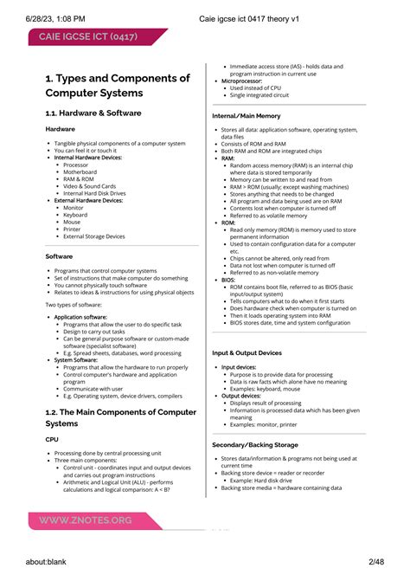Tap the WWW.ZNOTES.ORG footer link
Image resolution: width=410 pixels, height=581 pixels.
point(85,520)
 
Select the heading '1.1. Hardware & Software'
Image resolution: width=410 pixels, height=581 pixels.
point(93,113)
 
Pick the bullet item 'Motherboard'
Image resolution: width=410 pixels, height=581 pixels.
point(80,171)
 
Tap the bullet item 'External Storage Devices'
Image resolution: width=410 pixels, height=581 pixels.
point(93,236)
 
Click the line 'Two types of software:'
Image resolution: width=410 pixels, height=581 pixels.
point(74,305)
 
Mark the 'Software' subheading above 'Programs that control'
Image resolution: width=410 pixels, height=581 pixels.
point(59,256)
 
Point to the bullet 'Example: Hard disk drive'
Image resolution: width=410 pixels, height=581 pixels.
point(275,480)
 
